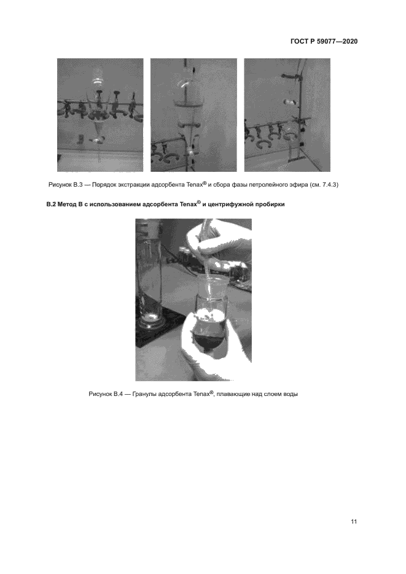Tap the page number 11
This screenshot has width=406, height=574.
354,522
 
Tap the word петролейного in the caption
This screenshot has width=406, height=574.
267,185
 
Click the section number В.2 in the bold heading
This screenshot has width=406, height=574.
51,204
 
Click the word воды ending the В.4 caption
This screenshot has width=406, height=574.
291,394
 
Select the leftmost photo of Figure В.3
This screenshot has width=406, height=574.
100,115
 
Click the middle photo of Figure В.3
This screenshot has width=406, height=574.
193,115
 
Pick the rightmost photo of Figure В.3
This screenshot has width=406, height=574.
287,115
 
